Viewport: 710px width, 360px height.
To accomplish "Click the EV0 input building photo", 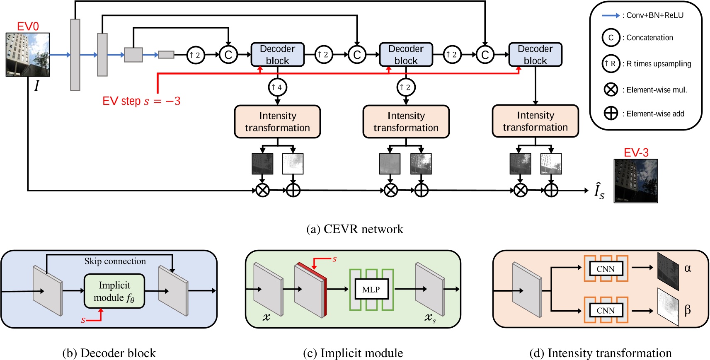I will [28, 55].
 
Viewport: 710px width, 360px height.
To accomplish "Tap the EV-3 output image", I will [635, 181].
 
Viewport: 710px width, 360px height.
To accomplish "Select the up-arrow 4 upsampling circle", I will [277, 87].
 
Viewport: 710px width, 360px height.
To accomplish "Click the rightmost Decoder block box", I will [535, 55].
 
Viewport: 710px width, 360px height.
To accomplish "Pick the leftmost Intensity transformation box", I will [277, 122].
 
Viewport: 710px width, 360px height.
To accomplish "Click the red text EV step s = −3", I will [141, 101].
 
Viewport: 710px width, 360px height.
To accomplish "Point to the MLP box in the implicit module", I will [371, 289].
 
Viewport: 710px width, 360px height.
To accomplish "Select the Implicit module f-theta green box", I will [114, 291].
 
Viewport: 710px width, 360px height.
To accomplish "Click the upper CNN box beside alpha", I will [606, 269].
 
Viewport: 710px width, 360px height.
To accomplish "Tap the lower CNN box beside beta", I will [606, 310].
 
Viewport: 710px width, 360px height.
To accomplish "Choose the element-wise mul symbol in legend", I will [611, 89].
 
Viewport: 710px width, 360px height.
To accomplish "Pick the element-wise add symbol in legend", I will [611, 113].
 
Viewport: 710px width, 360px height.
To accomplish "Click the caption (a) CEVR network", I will [354, 229].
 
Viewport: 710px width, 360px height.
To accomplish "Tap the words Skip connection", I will [115, 261].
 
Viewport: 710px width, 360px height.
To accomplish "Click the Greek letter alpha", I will [688, 268].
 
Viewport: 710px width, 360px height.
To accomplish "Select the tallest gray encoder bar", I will [75, 55].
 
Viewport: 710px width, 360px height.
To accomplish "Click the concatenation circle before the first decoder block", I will [228, 55].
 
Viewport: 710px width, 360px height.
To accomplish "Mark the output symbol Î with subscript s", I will [599, 191].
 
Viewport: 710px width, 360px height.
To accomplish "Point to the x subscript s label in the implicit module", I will [430, 318].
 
